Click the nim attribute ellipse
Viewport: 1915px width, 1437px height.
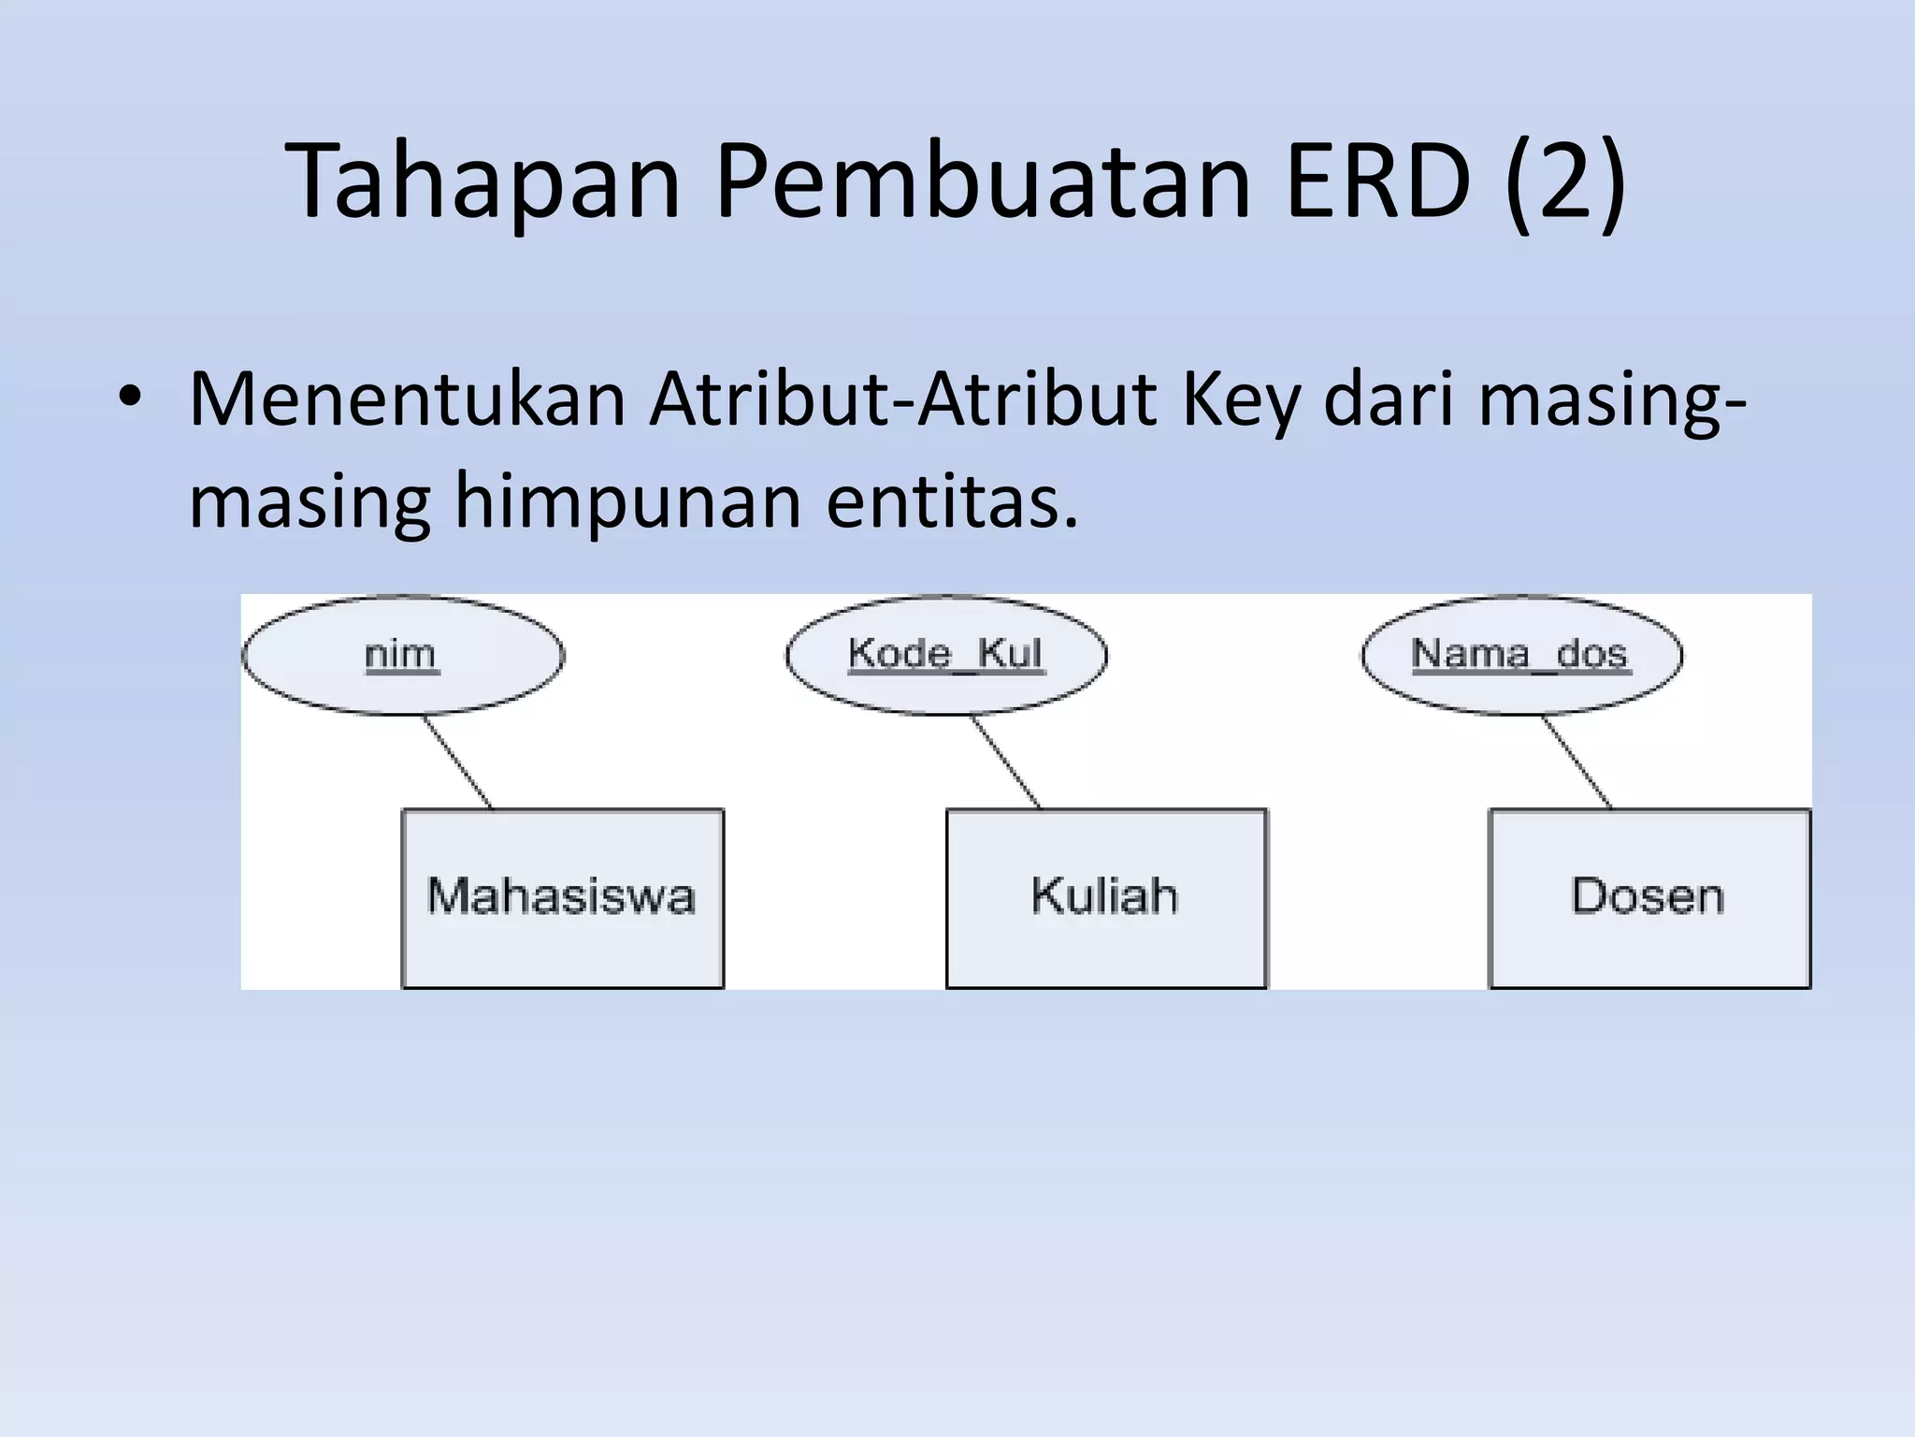(403, 655)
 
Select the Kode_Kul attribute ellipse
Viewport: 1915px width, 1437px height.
(945, 655)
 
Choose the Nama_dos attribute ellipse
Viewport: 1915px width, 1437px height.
(1520, 655)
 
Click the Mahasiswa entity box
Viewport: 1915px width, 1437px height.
(562, 898)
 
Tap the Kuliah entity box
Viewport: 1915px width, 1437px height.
(1105, 898)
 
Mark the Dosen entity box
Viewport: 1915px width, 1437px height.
(1649, 898)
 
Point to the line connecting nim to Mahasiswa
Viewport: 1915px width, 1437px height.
(457, 762)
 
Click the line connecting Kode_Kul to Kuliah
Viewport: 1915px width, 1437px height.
(1005, 762)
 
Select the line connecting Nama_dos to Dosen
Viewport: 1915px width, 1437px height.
(1577, 762)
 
